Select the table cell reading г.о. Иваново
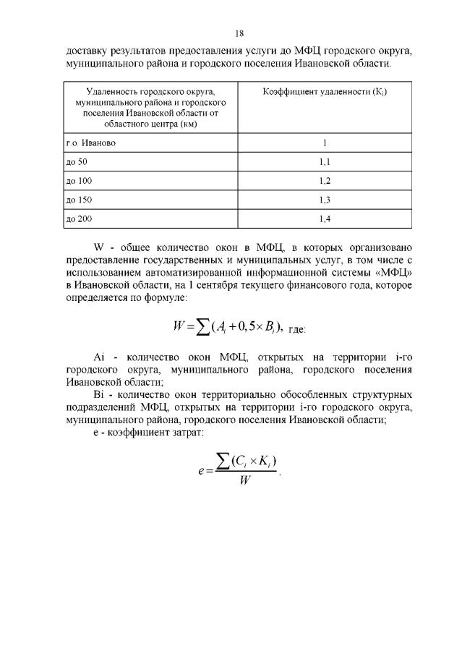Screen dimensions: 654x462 pos(86,143)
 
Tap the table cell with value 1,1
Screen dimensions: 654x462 pos(325,161)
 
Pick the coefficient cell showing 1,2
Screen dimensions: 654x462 pos(325,180)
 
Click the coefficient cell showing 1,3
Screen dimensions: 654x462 pos(325,199)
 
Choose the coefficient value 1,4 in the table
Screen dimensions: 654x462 pos(325,218)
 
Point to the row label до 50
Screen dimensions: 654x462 pos(76,161)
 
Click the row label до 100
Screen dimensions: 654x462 pos(78,180)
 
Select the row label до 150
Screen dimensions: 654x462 pos(78,199)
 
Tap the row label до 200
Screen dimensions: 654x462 pos(78,218)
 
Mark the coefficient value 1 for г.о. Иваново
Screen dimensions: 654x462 pos(325,143)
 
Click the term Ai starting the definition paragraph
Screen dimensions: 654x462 pos(100,357)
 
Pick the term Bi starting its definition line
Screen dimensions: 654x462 pos(100,394)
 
